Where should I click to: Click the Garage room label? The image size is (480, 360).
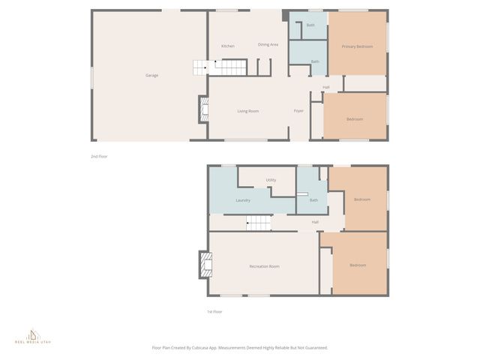151,75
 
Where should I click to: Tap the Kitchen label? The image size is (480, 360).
228,46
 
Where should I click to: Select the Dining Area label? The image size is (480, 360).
268,45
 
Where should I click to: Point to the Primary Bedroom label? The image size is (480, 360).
357,46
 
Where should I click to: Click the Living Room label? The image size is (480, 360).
247,111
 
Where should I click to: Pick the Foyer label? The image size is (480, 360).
298,111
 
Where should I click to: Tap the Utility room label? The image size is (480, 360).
271,180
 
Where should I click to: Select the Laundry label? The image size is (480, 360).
242,200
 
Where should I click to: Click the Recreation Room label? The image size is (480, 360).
264,266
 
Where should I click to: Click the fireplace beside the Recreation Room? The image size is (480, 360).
204,264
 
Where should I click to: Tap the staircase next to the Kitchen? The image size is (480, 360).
200,69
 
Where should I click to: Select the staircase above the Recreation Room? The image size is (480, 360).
257,222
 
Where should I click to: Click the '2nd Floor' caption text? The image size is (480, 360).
99,156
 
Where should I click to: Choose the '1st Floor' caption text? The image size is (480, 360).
214,311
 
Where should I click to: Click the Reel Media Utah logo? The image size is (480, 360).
31,336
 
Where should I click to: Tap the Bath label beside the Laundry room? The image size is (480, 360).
313,200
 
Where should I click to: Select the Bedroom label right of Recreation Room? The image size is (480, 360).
358,265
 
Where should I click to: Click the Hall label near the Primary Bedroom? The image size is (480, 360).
325,88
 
